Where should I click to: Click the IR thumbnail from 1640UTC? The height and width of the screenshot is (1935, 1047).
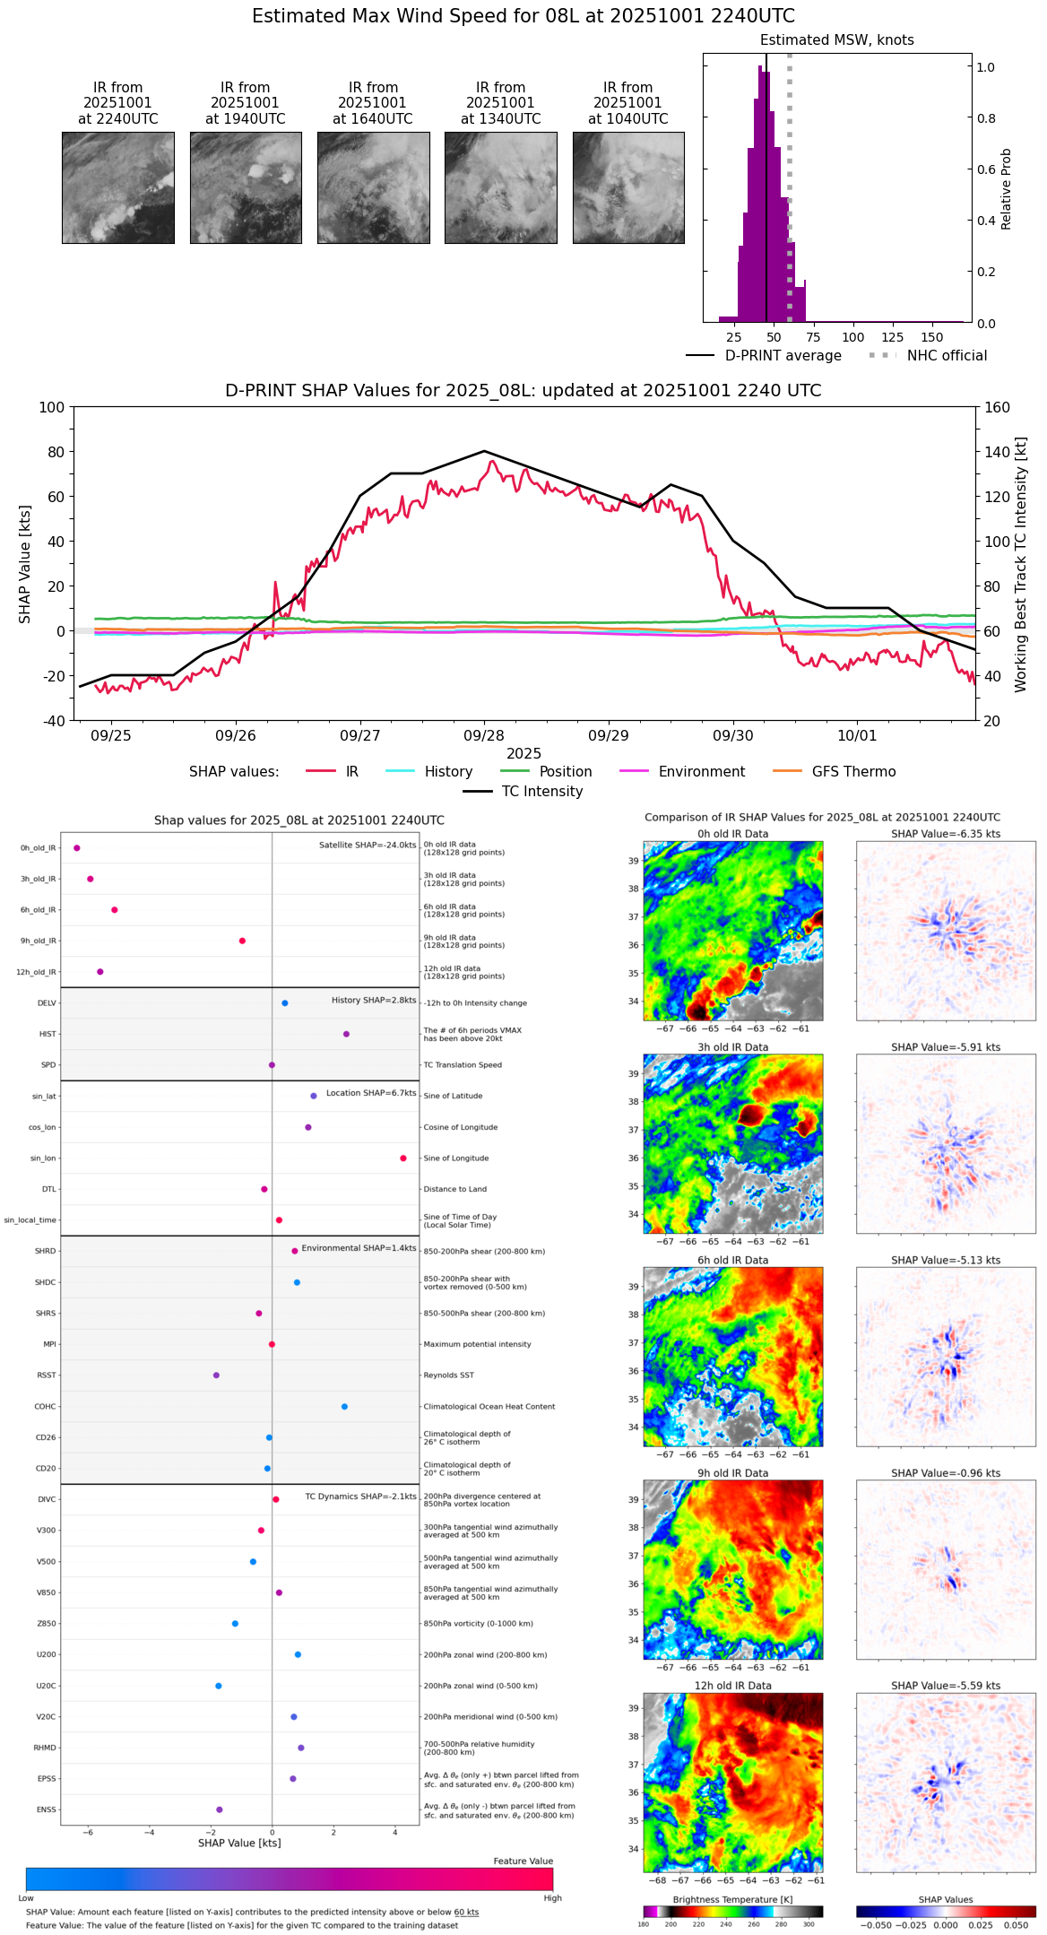tap(373, 187)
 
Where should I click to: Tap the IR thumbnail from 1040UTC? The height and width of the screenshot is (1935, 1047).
tap(628, 187)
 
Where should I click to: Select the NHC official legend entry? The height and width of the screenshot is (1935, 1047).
tap(947, 356)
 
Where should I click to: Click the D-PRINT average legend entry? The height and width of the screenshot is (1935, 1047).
tap(783, 356)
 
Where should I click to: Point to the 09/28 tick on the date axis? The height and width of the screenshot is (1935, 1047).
tap(484, 735)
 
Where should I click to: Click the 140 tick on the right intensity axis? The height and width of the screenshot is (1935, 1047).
tap(997, 452)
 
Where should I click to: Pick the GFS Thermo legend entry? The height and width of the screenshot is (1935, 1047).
tap(853, 772)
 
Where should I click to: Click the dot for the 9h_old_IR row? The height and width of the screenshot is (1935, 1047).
tap(242, 941)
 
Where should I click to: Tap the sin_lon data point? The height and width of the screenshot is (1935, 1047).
tap(403, 1158)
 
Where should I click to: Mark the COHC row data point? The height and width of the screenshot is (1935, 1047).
tap(344, 1407)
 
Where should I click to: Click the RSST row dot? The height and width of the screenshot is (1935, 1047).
tap(216, 1375)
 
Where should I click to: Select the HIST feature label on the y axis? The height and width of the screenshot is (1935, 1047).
tap(48, 1034)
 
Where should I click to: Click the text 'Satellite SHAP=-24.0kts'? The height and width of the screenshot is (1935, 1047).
tap(368, 846)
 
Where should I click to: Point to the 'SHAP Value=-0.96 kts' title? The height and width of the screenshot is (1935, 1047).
tap(946, 1473)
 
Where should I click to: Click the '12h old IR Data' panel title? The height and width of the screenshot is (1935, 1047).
tap(732, 1686)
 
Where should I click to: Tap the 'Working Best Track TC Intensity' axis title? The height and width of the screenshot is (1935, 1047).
tap(1021, 565)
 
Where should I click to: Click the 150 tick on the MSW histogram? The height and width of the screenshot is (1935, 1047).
tap(932, 337)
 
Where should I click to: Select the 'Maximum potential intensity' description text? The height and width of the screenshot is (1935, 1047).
tap(477, 1345)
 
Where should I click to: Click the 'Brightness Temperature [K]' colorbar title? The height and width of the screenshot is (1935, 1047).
tap(732, 1899)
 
